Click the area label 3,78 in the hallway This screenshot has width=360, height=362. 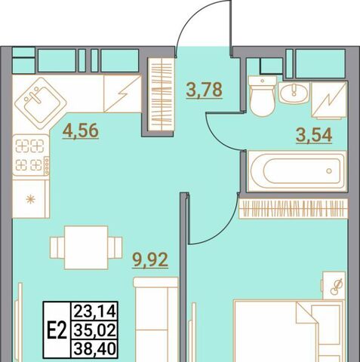(204, 90)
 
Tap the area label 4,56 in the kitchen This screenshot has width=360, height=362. (81, 130)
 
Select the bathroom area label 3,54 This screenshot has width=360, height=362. (314, 135)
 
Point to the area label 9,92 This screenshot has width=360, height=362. (150, 260)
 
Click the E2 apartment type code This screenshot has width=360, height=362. (57, 330)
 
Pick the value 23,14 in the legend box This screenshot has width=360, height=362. (95, 311)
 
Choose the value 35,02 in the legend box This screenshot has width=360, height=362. (95, 330)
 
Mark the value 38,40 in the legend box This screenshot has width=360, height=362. (95, 349)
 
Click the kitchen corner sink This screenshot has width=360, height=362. (41, 103)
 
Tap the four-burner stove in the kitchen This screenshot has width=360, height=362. (31, 155)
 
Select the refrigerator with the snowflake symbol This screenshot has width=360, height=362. (31, 199)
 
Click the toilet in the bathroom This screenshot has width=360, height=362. (262, 96)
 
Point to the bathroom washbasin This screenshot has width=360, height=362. (294, 93)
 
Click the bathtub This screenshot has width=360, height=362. (297, 171)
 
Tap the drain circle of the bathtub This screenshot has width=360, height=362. (329, 171)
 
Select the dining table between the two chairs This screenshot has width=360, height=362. (86, 247)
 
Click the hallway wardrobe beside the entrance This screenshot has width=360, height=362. (161, 94)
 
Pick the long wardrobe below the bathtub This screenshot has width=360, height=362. (294, 208)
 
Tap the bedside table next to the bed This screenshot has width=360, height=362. (334, 286)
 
